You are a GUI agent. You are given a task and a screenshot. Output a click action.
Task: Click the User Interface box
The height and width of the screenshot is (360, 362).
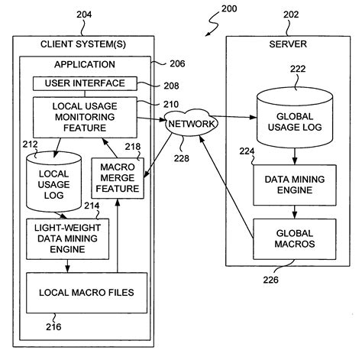coord(84,83)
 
